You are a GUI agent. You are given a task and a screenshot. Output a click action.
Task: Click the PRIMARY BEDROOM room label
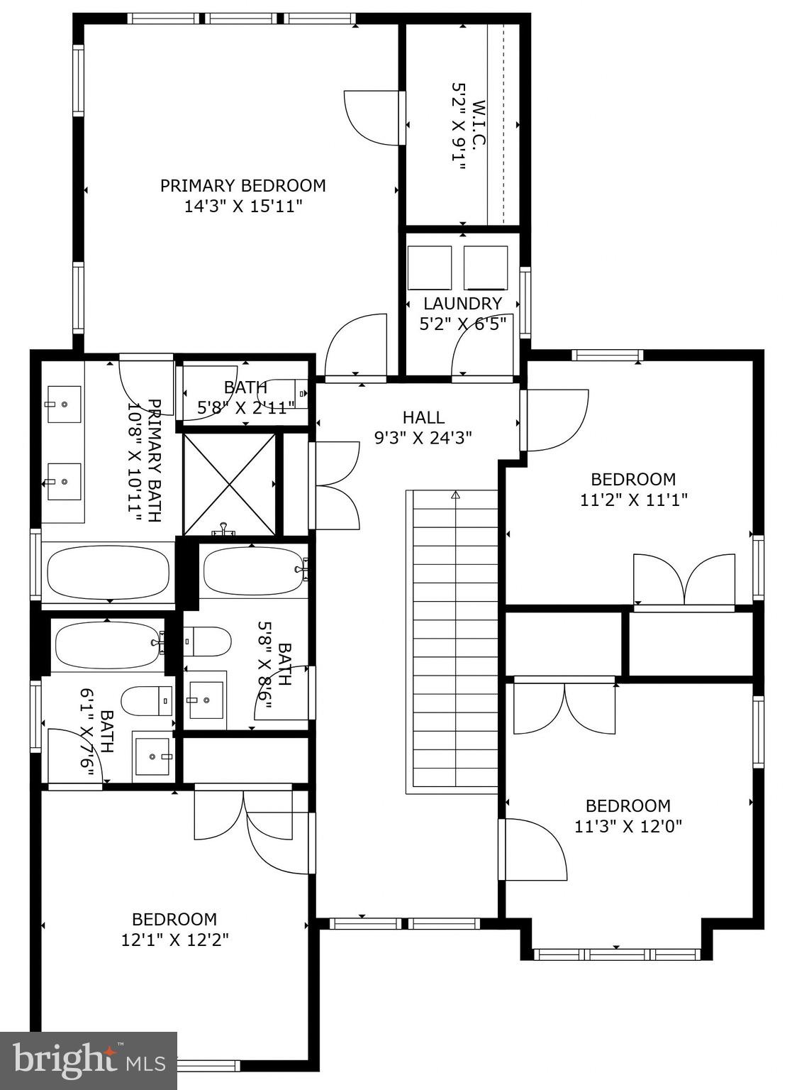point(242,186)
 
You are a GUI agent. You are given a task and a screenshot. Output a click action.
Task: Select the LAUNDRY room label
point(462,304)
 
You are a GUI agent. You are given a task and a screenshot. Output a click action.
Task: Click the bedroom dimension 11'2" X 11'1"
point(633,500)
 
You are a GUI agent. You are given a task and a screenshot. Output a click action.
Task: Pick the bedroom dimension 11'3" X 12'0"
point(628,827)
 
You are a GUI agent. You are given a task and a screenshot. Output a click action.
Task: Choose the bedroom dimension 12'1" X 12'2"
point(174,940)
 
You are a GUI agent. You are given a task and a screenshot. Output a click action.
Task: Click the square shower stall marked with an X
point(229,485)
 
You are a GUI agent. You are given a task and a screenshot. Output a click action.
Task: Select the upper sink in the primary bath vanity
point(64,404)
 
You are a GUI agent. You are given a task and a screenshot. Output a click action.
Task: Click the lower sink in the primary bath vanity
point(64,482)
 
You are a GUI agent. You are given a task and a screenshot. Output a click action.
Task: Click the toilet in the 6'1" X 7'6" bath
point(147,701)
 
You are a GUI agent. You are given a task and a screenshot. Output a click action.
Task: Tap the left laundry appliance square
point(430,268)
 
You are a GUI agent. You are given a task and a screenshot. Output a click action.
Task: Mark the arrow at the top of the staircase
point(455,495)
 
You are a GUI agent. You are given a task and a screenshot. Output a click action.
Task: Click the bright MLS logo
point(89,1061)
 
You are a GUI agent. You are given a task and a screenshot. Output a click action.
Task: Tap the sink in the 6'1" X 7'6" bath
point(153,757)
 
